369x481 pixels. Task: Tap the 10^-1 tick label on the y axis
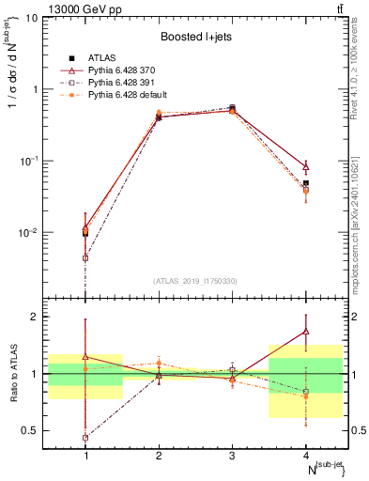tap(31, 162)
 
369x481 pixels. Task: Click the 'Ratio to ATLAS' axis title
tap(12, 373)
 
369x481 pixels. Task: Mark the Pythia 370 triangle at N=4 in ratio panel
tap(306, 331)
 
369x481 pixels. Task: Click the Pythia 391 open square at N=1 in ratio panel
tap(85, 438)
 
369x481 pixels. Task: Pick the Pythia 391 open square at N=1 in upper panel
tap(85, 257)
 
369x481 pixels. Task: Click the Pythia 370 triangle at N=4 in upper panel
tap(306, 167)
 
